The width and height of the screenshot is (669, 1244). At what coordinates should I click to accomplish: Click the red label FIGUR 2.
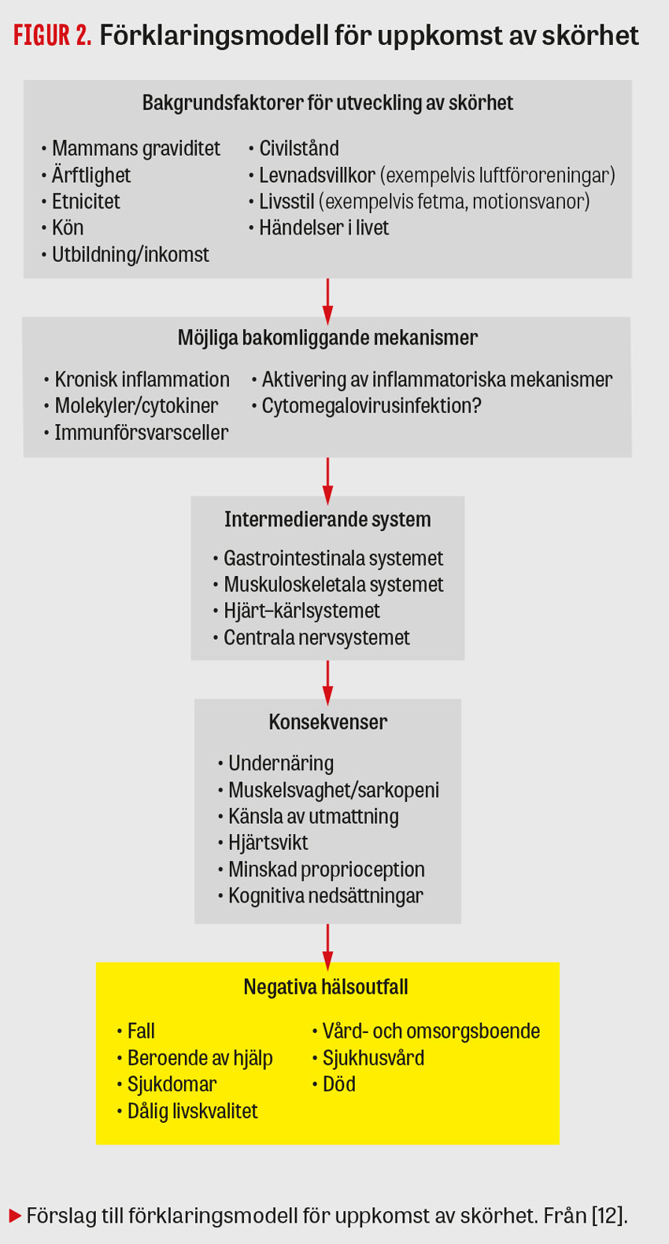pyautogui.click(x=52, y=35)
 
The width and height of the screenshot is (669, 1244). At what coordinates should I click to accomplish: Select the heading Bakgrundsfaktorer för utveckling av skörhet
pyautogui.click(x=327, y=103)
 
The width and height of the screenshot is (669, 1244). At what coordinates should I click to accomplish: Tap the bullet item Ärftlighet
pyautogui.click(x=91, y=175)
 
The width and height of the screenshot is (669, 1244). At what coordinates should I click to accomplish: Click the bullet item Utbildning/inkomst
pyautogui.click(x=130, y=254)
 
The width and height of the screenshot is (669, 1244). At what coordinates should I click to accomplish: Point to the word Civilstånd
pyautogui.click(x=299, y=148)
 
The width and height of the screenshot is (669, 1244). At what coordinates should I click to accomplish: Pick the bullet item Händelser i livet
pyautogui.click(x=323, y=227)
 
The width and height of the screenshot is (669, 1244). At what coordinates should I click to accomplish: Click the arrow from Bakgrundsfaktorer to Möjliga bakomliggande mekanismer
pyautogui.click(x=327, y=299)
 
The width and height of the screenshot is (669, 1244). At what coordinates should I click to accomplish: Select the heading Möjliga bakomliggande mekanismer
pyautogui.click(x=327, y=338)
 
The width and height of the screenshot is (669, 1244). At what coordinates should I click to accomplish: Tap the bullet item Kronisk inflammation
pyautogui.click(x=142, y=379)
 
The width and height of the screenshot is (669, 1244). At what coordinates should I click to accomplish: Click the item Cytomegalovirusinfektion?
pyautogui.click(x=371, y=405)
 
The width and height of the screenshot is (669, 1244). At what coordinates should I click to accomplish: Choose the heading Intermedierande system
pyautogui.click(x=327, y=519)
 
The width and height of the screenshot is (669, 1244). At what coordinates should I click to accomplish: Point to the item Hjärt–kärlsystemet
pyautogui.click(x=301, y=611)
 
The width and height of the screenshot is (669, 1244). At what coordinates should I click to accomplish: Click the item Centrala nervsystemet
pyautogui.click(x=316, y=637)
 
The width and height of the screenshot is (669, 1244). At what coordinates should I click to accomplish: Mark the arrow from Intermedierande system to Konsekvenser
pyautogui.click(x=327, y=681)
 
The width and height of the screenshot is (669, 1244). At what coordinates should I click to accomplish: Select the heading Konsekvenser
pyautogui.click(x=327, y=722)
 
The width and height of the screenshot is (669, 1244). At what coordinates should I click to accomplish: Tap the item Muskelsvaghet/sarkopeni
pyautogui.click(x=333, y=790)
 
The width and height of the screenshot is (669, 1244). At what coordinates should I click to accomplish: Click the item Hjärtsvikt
pyautogui.click(x=268, y=843)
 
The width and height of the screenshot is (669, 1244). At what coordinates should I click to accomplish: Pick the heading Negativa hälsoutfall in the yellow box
pyautogui.click(x=326, y=987)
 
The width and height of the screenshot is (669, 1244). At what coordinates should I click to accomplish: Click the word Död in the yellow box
pyautogui.click(x=338, y=1084)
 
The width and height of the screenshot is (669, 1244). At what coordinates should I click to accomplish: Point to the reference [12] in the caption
pyautogui.click(x=609, y=1216)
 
